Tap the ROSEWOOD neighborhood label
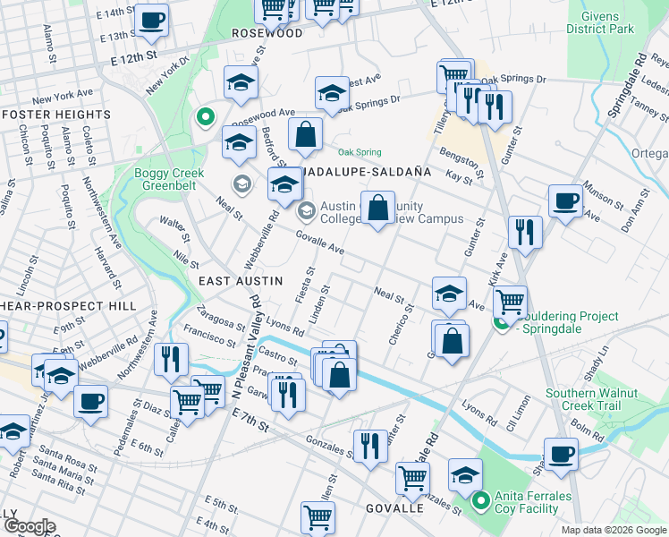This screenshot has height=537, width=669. click(267, 32)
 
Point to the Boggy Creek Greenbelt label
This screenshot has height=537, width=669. click(170, 180)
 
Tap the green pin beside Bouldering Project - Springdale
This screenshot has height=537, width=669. click(504, 322)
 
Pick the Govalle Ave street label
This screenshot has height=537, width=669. click(320, 243)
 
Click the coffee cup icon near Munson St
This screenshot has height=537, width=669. click(565, 200)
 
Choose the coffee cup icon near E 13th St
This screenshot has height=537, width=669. click(151, 18)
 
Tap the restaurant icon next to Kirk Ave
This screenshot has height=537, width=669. click(525, 232)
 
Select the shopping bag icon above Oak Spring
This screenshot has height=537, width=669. click(306, 134)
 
